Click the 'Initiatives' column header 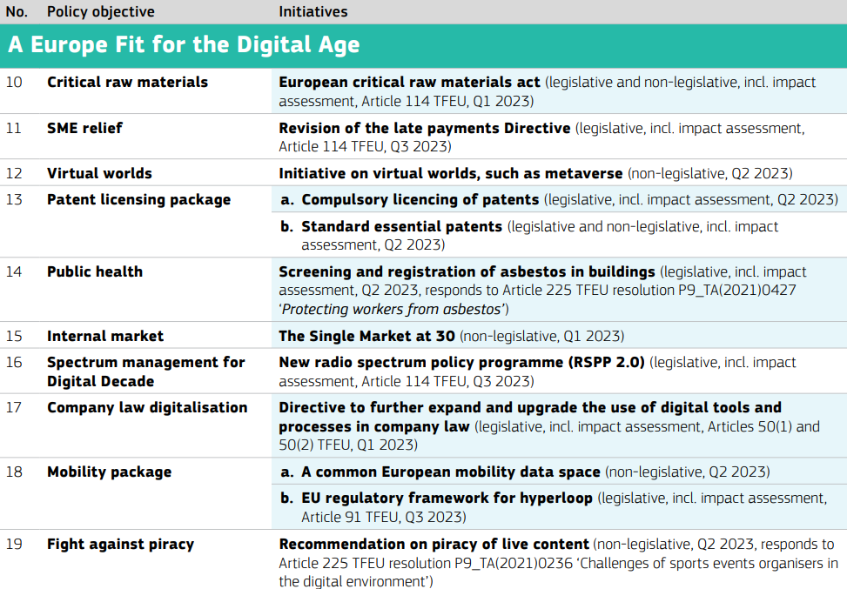tap(313, 11)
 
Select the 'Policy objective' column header tap(100, 12)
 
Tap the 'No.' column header tap(17, 11)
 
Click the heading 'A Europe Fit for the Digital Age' tap(184, 45)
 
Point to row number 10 tap(14, 82)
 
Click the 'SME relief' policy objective tap(84, 128)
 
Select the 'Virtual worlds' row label tap(99, 173)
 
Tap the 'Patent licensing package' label tap(138, 200)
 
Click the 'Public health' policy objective tap(95, 271)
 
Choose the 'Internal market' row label tap(105, 336)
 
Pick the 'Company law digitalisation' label tap(147, 407)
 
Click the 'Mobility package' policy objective tap(109, 472)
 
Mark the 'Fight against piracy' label tap(120, 544)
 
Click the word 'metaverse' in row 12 tap(583, 173)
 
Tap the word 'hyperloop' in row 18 tap(556, 499)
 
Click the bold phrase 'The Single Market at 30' tap(366, 336)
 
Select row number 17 tap(14, 407)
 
